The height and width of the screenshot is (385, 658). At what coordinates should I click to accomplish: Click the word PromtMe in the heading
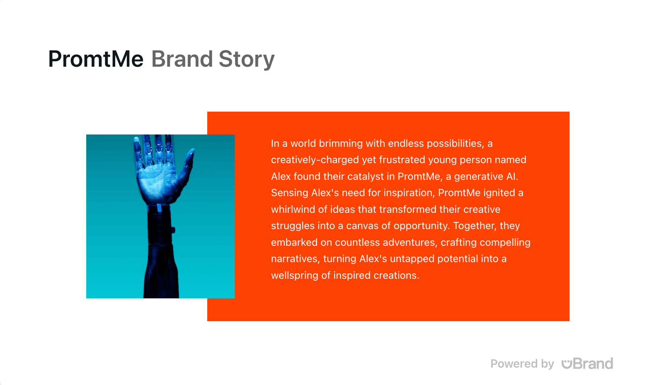96,59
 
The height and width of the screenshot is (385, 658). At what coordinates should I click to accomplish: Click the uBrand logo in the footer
587,364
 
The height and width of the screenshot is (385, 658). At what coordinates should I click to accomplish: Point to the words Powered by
522,364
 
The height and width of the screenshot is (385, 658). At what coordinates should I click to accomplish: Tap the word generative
479,177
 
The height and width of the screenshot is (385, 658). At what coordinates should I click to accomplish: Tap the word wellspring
295,276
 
